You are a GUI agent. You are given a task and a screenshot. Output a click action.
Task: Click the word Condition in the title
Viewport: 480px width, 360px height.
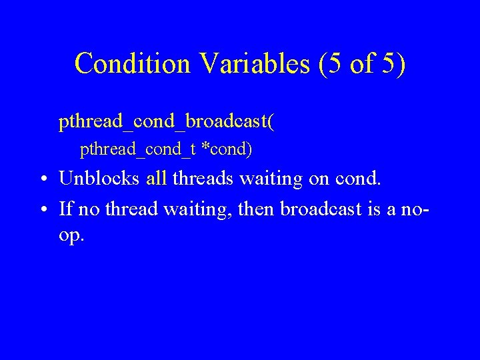132,63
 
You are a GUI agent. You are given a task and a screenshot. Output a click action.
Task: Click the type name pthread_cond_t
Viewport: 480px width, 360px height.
138,150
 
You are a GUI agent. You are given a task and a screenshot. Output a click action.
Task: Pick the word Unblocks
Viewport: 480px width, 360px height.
99,179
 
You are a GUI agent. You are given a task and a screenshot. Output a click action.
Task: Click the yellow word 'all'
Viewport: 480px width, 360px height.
157,179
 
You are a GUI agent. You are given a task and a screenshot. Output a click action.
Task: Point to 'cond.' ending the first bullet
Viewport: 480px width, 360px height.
360,179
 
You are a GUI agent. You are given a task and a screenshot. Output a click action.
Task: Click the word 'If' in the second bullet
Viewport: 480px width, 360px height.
65,209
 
